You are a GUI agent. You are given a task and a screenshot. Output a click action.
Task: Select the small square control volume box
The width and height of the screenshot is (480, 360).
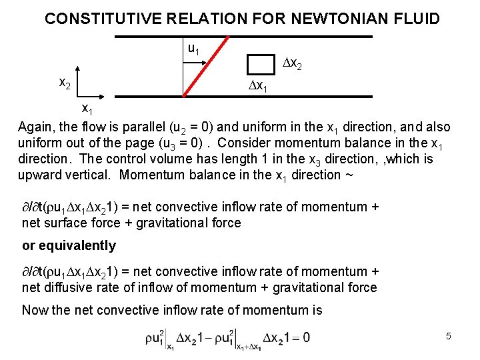260,64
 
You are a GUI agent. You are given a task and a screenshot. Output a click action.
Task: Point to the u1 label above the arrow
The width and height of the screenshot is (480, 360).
193,49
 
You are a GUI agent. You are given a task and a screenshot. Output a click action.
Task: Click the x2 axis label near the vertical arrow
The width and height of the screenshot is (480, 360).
65,83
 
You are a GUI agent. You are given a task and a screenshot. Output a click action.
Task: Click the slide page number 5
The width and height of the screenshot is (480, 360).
449,336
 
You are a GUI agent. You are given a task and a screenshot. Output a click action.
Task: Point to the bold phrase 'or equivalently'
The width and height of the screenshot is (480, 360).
69,245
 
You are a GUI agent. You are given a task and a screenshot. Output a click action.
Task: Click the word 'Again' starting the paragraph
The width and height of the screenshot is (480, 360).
36,127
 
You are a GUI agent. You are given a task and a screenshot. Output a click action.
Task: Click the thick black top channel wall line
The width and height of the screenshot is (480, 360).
267,32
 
